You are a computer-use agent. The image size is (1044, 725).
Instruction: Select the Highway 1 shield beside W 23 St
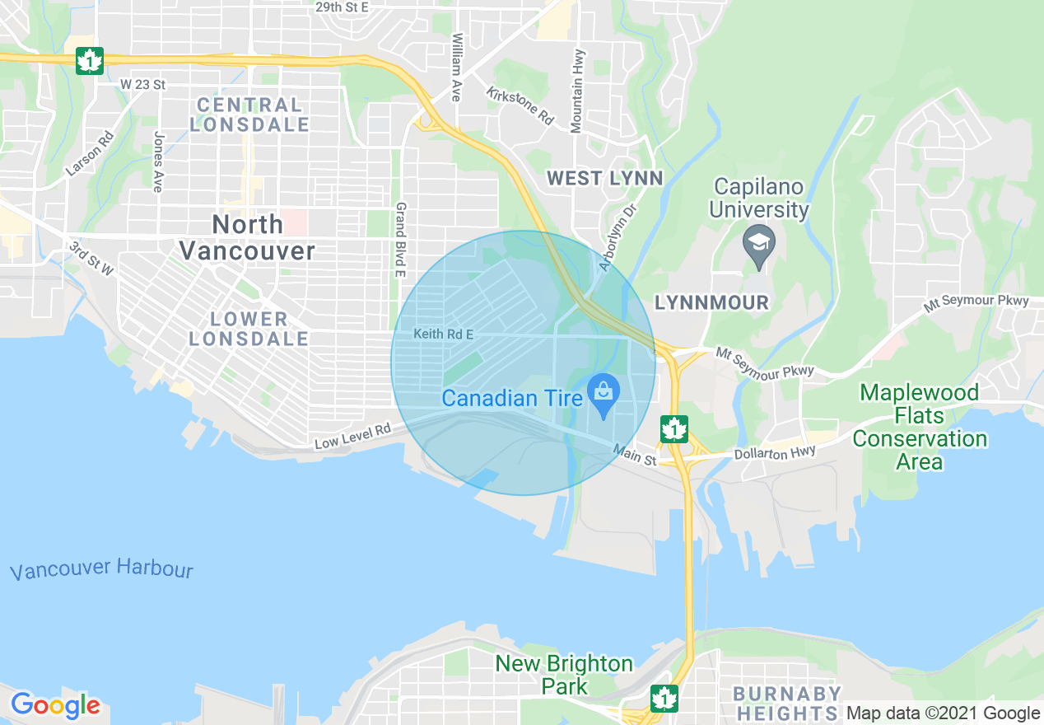click(89, 60)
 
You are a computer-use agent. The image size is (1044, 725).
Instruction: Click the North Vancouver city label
click(247, 236)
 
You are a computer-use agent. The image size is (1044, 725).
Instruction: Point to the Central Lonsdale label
click(249, 115)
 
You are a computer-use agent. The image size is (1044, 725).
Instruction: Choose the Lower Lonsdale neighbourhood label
click(249, 328)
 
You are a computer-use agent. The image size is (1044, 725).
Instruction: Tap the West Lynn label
click(604, 178)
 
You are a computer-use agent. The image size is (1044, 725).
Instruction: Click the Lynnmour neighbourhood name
click(711, 302)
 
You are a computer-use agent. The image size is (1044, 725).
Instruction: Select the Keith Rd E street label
click(444, 334)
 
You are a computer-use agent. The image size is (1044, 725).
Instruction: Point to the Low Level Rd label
click(352, 437)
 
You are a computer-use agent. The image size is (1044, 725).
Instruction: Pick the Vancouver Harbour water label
click(102, 569)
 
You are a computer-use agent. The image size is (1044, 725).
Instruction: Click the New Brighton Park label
click(565, 675)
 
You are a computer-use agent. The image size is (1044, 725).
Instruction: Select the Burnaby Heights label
click(787, 703)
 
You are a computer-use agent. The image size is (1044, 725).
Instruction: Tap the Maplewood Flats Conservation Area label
click(919, 426)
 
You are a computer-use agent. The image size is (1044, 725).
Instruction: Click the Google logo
click(55, 705)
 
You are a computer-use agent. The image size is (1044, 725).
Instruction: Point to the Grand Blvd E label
click(401, 239)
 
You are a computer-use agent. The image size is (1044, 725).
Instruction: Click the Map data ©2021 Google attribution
click(944, 713)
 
